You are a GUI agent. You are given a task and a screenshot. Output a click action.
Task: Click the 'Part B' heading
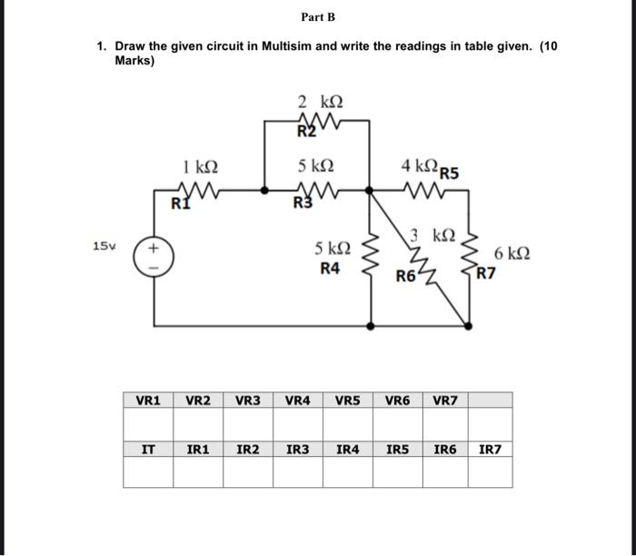pos(318,17)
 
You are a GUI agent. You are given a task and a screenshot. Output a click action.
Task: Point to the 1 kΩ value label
pos(200,167)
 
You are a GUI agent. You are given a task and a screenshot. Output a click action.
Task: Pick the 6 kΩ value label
pos(510,252)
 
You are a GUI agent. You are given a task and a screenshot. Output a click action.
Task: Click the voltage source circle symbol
pos(154,255)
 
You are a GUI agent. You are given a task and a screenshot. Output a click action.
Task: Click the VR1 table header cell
pos(148,400)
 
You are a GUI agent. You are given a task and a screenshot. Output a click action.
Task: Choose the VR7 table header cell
pos(446,400)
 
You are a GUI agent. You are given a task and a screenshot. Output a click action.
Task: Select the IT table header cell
pos(148,449)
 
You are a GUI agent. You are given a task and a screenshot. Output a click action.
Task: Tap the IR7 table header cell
pos(490,449)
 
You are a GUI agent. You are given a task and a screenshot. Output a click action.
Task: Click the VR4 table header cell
pos(298,400)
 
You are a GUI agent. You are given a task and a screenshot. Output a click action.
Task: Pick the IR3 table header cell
pos(298,449)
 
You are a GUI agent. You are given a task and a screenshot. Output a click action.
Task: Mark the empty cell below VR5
pos(347,422)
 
